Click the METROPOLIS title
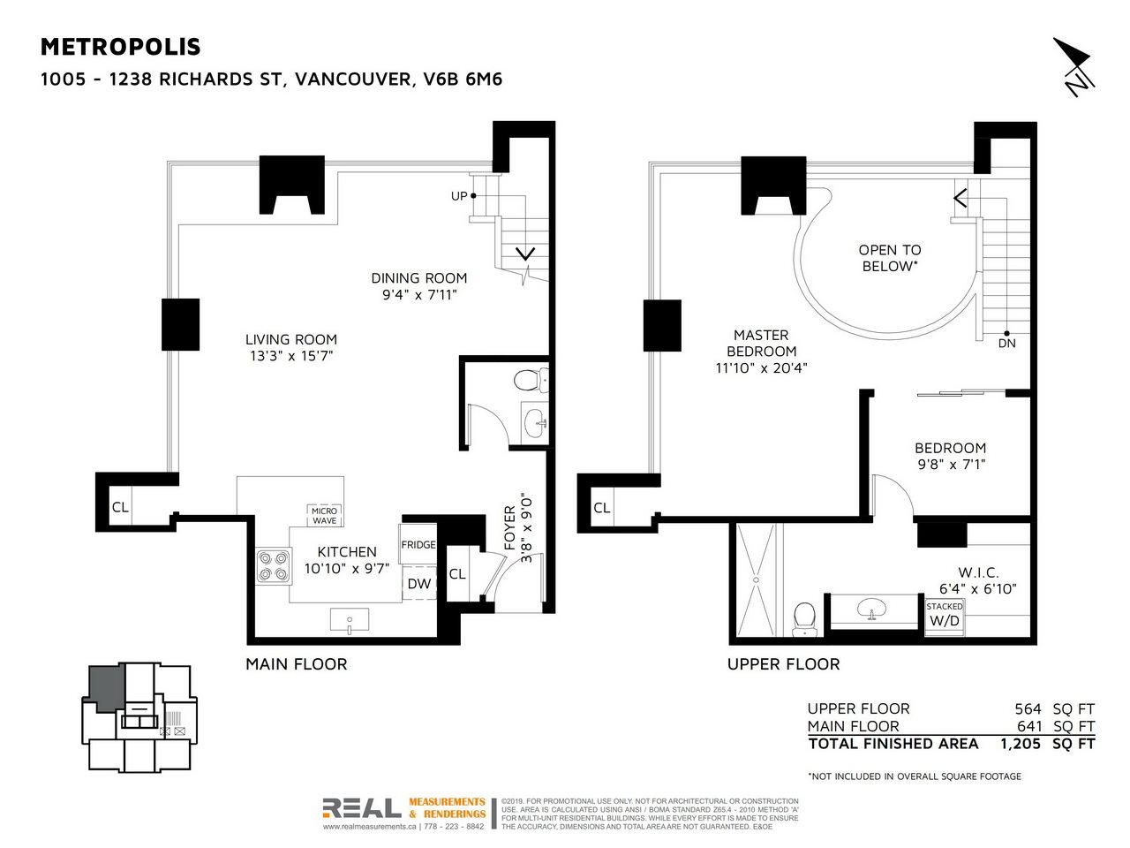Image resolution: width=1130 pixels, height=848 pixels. point(121,47)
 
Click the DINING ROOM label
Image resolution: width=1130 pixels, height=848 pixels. point(418,278)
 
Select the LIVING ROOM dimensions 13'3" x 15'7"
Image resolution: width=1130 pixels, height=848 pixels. point(291,356)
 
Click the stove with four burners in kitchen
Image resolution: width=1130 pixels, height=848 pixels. point(273,566)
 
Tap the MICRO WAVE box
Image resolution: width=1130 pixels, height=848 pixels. point(324,516)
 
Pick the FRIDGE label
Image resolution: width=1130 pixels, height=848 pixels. point(418,545)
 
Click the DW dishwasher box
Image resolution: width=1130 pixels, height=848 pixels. point(418,584)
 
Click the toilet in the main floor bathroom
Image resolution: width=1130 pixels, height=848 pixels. point(528,381)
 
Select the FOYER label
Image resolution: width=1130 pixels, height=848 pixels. point(509,527)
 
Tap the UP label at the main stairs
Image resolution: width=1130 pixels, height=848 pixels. point(459,196)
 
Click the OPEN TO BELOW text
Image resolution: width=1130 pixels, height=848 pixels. point(889,258)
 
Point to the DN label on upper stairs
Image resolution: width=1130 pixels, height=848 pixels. point(1006,343)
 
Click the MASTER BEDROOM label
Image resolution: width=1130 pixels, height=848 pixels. point(761,343)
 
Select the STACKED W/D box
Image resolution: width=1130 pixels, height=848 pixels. point(944,615)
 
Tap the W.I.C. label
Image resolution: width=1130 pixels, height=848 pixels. point(978,572)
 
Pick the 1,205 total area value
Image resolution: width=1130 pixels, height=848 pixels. point(1021,744)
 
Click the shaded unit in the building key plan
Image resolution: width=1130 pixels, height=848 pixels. point(106,687)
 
